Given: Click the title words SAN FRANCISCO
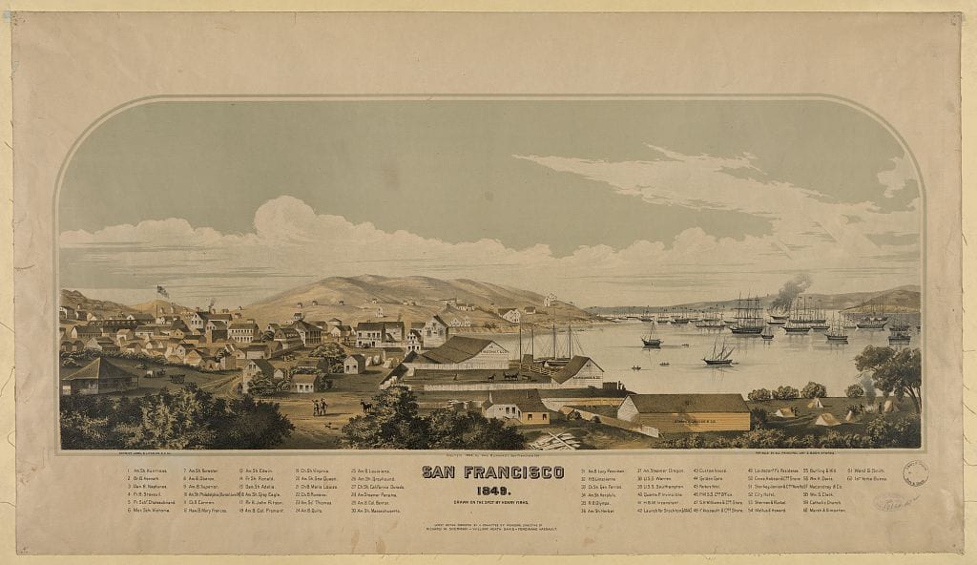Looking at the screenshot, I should click(x=492, y=472).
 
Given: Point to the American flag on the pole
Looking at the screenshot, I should click(x=163, y=290).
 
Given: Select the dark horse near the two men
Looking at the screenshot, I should click(x=366, y=407).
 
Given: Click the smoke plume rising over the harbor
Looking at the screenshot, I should click(x=791, y=291).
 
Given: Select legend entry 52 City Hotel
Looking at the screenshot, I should click(x=764, y=494).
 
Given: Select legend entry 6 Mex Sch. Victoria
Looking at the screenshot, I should click(x=148, y=511).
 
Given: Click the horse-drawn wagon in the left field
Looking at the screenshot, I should click(x=177, y=379).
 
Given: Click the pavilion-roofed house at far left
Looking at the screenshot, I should click(x=96, y=374).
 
